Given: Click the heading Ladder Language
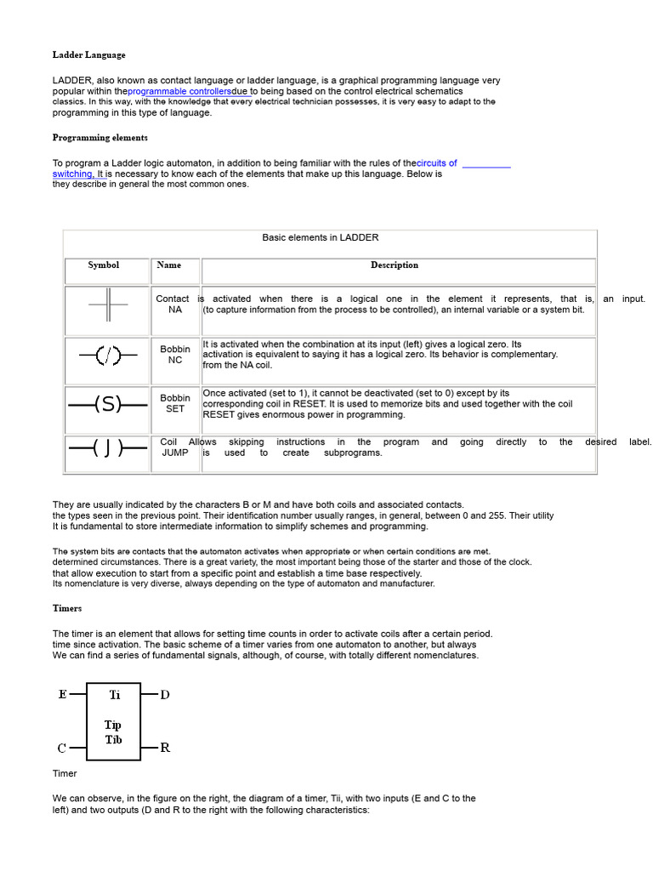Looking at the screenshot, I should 88,55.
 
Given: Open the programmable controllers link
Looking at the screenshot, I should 179,91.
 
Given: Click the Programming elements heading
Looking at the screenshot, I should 99,138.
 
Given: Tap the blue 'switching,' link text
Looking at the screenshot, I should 73,174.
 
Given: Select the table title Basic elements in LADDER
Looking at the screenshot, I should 321,238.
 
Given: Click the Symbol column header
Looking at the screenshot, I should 104,265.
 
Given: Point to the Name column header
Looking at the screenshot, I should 169,265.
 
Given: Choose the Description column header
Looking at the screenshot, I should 395,265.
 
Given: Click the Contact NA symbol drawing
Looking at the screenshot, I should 107,305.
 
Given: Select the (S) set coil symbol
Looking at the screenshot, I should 107,405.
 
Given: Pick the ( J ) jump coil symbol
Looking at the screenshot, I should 107,447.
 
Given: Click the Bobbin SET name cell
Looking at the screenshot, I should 175,403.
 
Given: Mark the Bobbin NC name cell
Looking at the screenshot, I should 175,355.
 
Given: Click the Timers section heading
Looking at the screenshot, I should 67,609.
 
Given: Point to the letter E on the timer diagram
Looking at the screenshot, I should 62,695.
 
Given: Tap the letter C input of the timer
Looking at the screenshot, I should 62,749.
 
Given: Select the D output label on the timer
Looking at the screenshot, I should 165,695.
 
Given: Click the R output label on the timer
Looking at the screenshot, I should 165,749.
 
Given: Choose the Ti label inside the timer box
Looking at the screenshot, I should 114,695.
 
